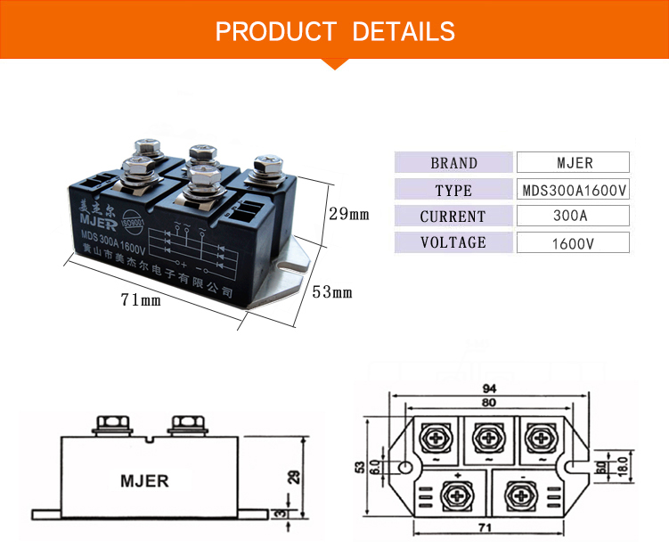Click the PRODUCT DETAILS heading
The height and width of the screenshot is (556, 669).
click(335, 32)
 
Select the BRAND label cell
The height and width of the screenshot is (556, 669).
click(453, 163)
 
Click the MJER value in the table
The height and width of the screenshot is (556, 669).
click(573, 163)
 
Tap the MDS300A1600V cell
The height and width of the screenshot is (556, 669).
click(573, 190)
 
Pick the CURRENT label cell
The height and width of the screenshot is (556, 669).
click(453, 217)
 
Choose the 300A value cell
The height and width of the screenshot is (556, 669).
click(573, 217)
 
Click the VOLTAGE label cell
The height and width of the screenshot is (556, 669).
click(453, 242)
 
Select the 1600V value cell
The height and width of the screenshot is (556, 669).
click(573, 242)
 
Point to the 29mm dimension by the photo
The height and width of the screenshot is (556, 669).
click(348, 215)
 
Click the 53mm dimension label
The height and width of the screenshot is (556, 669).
click(332, 292)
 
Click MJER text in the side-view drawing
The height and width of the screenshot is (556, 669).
click(144, 480)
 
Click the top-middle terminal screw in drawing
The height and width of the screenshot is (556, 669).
click(488, 437)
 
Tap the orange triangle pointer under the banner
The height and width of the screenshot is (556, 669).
click(334, 62)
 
